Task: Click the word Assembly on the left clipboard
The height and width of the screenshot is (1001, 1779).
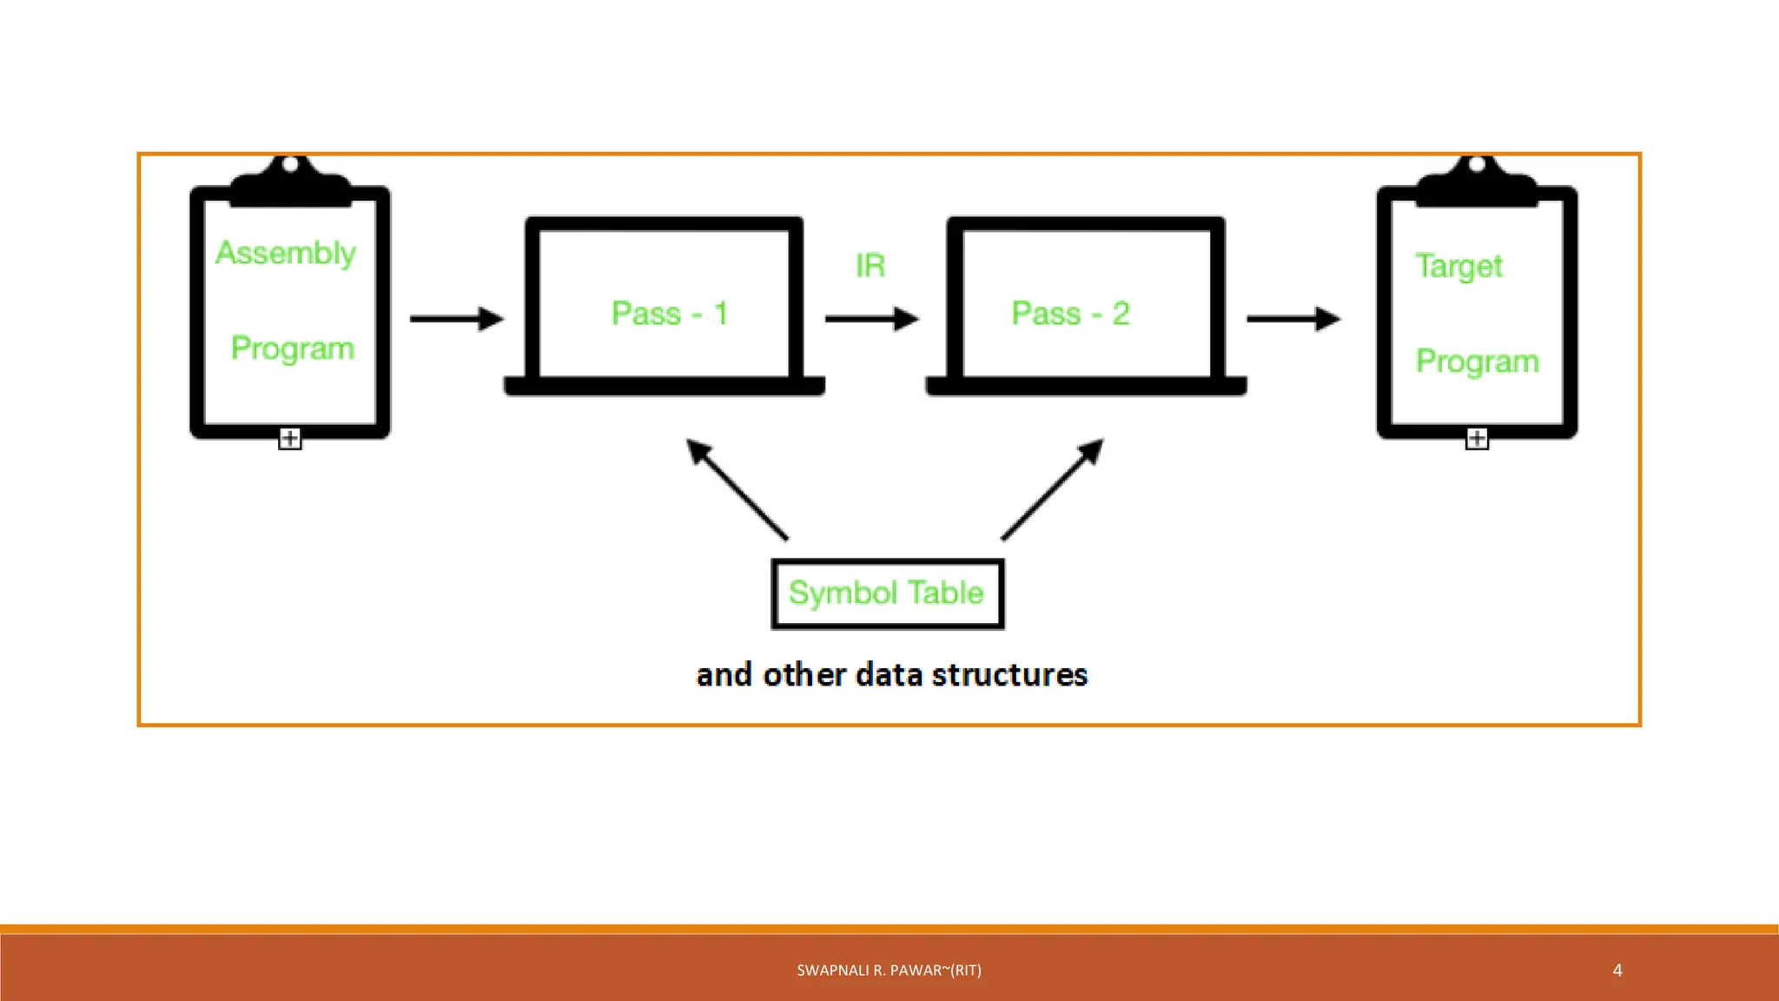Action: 286,253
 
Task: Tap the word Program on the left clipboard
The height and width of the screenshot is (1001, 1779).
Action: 293,348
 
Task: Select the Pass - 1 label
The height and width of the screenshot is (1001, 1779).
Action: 669,314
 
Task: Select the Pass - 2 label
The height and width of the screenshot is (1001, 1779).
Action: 1070,314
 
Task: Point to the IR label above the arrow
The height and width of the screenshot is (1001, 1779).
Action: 870,266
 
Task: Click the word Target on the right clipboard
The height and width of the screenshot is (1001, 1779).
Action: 1458,266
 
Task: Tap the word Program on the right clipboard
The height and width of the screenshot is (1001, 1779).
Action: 1477,361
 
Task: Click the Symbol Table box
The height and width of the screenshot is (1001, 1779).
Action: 887,593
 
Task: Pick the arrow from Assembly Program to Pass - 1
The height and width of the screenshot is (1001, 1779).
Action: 456,319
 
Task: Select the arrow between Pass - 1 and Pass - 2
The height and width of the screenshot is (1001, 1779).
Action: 871,319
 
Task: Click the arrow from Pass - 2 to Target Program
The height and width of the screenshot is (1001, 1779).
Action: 1293,319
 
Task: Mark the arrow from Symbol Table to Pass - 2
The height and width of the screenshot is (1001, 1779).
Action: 1052,488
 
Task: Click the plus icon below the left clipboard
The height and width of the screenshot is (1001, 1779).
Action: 289,439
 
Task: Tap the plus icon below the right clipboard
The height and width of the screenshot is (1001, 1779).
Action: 1477,439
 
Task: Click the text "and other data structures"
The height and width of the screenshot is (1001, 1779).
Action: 891,675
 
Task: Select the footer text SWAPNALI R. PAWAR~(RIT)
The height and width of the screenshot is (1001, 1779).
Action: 889,971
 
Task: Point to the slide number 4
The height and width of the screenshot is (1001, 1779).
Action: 1617,971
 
